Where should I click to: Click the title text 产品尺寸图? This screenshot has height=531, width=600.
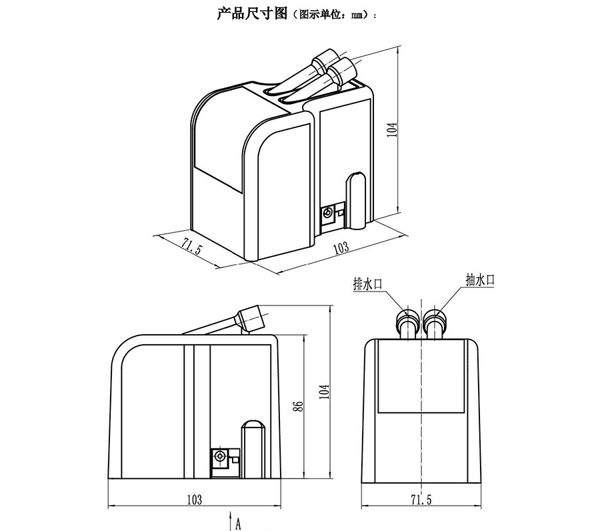click(x=252, y=14)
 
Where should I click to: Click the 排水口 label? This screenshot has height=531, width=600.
click(x=368, y=284)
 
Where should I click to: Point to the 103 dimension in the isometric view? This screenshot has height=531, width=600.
click(x=341, y=248)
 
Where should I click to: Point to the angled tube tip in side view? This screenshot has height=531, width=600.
click(x=252, y=318)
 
